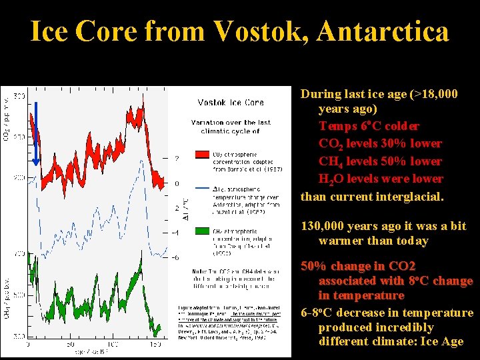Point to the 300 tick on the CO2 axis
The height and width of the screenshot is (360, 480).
(x=19, y=97)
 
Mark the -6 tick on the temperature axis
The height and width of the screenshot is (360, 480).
(x=175, y=257)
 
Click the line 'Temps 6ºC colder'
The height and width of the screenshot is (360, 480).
(x=369, y=126)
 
